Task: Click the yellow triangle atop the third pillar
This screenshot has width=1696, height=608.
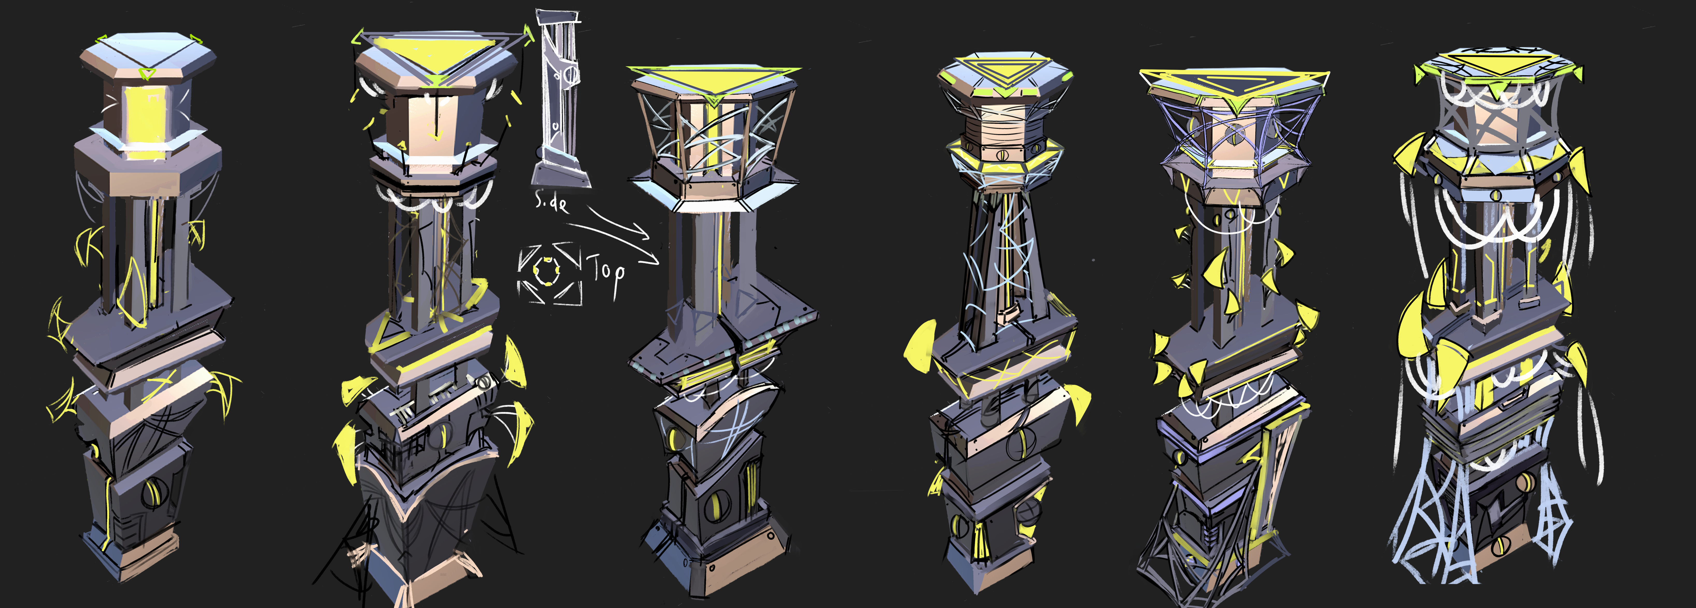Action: [713, 82]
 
